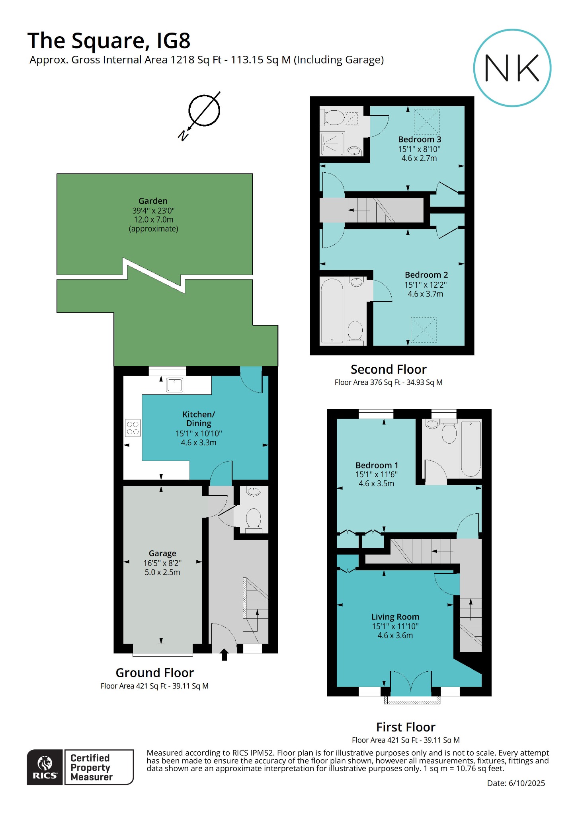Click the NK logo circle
click(x=512, y=68)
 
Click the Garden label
click(x=153, y=201)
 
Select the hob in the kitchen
click(x=133, y=428)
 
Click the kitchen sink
click(x=174, y=385)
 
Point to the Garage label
click(x=162, y=553)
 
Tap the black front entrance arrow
click(x=224, y=655)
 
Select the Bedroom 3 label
click(x=420, y=139)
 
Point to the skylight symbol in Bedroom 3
click(x=426, y=121)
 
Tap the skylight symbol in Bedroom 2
click(x=424, y=330)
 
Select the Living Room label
click(x=395, y=617)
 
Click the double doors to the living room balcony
click(x=411, y=683)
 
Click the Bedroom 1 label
click(x=377, y=465)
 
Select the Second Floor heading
click(x=389, y=369)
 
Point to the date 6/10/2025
click(x=526, y=783)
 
